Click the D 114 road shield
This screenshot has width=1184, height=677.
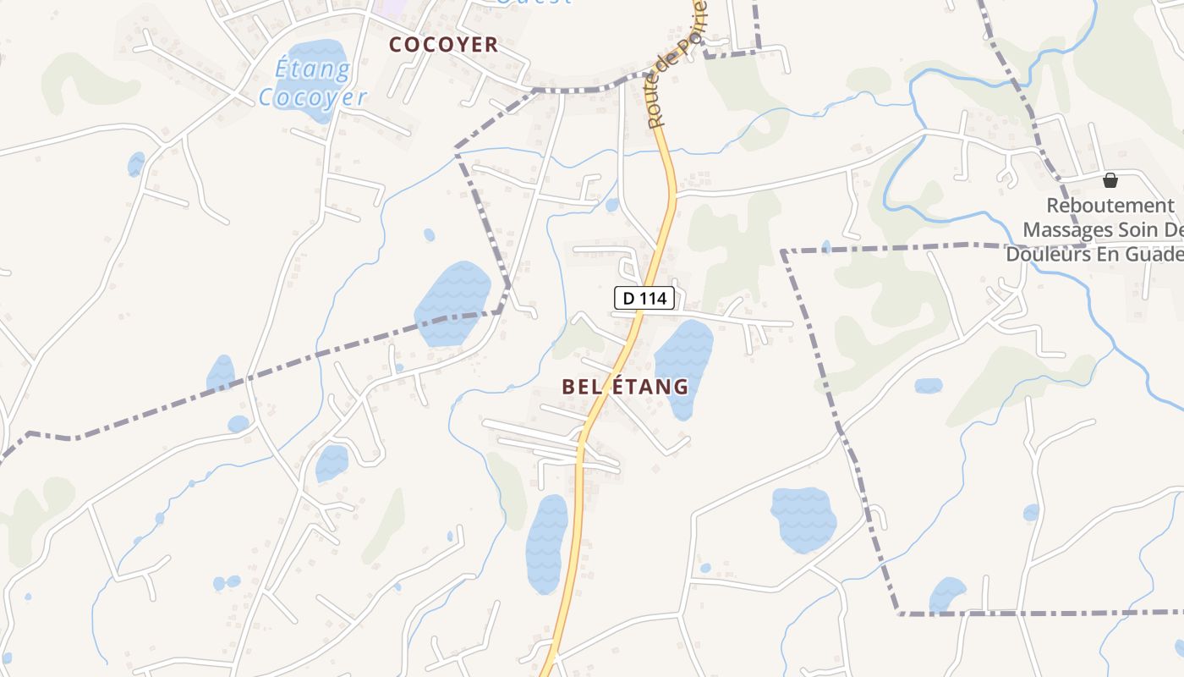pos(644,298)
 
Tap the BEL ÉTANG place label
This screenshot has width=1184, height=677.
pos(625,387)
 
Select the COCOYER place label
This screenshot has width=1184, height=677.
pos(443,45)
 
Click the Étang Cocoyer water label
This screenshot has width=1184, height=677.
pos(312,83)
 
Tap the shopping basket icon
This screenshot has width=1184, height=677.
pos(1110,180)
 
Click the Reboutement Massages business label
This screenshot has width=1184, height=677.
pos(1099,229)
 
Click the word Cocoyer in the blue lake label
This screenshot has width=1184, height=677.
pos(313,97)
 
